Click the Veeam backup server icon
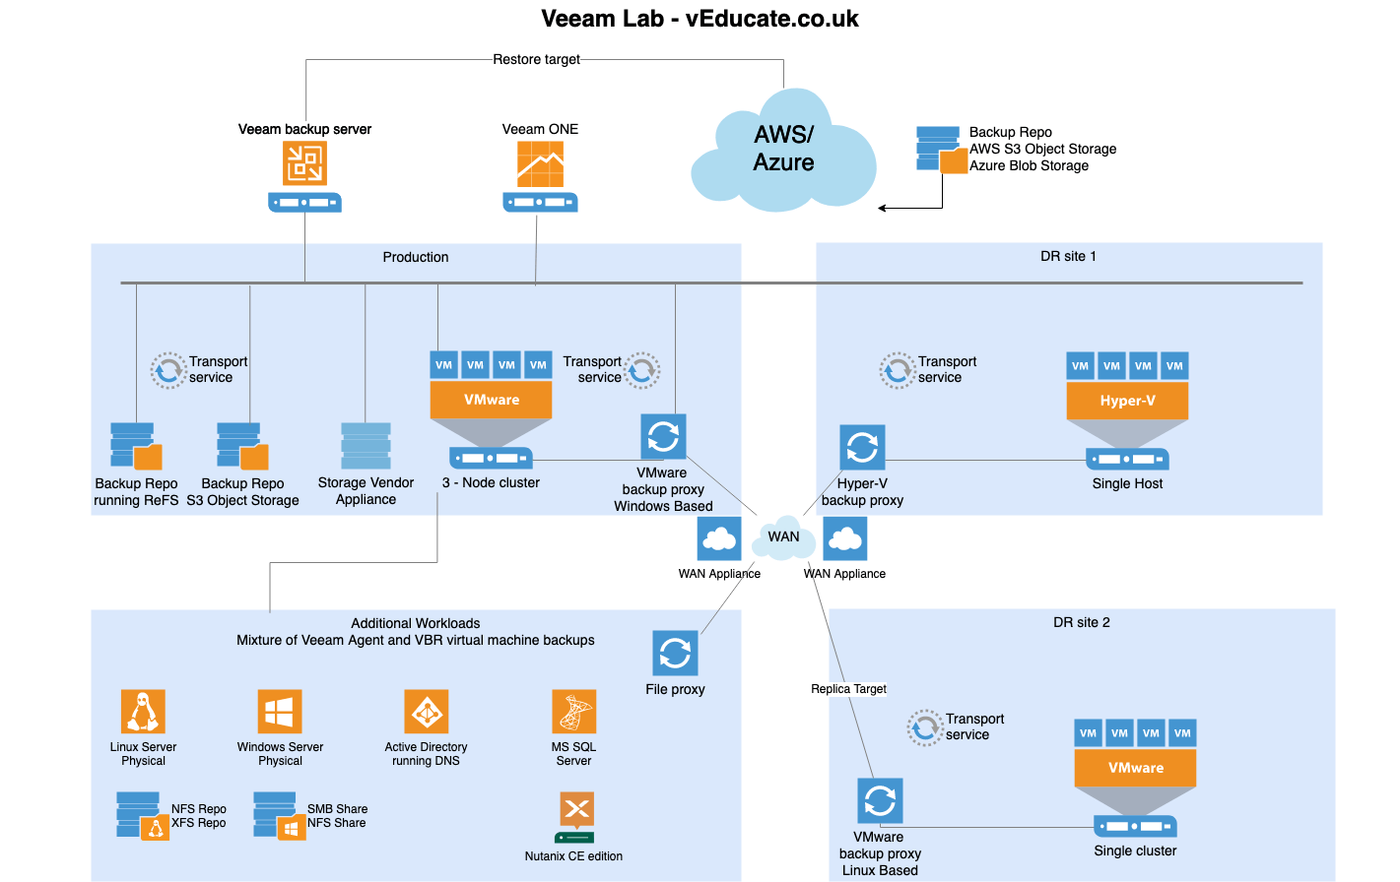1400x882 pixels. (304, 163)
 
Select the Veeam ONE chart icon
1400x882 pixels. (540, 164)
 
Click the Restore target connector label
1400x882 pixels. (536, 59)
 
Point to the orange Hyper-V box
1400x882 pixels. (1127, 401)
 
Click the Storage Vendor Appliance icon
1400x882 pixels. (366, 446)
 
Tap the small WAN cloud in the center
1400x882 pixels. (783, 536)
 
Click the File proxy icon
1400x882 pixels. (675, 654)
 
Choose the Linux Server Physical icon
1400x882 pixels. (143, 712)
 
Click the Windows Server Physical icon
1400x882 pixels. (280, 712)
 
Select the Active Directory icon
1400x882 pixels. (426, 712)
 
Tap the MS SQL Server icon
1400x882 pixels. (573, 712)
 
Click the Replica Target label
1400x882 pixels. (848, 689)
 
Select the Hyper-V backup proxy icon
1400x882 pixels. (862, 448)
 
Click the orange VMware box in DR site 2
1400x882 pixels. (1135, 768)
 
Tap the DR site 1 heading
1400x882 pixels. (1068, 256)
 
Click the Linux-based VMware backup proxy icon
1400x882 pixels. (879, 800)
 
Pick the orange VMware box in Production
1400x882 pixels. (491, 400)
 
